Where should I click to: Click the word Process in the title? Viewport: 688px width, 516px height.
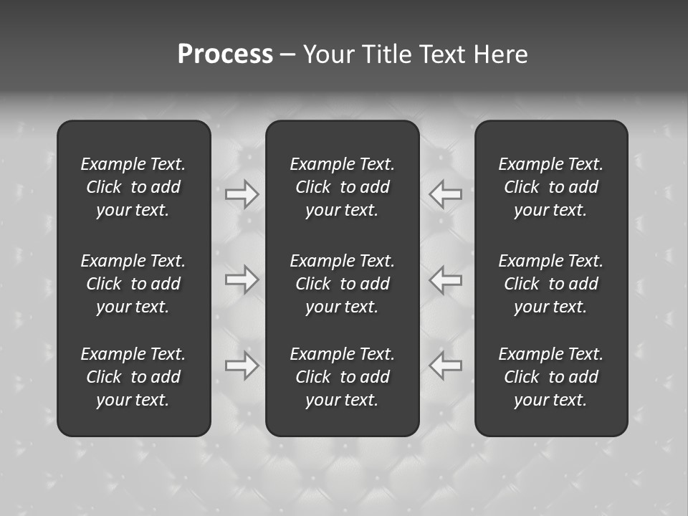tap(225, 54)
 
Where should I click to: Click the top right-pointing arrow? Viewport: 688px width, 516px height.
tap(242, 194)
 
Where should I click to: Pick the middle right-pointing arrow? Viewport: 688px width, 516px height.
tap(242, 279)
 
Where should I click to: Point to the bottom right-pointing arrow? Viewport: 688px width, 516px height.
tap(242, 365)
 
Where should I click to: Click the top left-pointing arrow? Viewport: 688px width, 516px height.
tap(445, 194)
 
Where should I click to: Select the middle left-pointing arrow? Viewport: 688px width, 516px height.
tap(445, 279)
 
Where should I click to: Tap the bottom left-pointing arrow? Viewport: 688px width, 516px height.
tap(445, 365)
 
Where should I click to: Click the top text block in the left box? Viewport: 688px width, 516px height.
tap(133, 187)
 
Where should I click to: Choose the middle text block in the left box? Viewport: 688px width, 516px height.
tap(133, 284)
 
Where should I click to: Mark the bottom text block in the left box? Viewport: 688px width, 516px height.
tap(133, 377)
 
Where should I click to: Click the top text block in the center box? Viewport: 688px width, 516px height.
tap(343, 187)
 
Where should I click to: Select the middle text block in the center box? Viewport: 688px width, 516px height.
tap(343, 284)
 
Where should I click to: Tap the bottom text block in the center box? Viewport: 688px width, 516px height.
tap(343, 377)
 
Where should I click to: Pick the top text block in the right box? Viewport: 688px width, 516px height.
tap(551, 187)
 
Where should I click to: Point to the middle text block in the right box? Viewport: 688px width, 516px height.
tap(551, 284)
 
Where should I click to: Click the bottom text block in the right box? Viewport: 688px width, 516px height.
tap(551, 377)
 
